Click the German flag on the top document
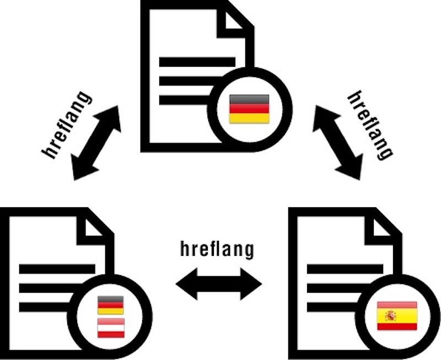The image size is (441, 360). point(249,109)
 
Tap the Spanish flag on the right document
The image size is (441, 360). point(397,316)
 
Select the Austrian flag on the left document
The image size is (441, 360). point(111,328)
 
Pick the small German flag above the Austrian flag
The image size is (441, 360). point(111,305)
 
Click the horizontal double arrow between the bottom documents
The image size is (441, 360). point(219,284)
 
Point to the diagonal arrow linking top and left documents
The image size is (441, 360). point(96,143)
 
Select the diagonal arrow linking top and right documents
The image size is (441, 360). point(337,142)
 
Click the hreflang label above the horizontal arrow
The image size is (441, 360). point(217,249)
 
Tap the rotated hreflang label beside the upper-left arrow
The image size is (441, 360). point(66,125)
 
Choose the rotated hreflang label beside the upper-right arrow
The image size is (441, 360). point(370,126)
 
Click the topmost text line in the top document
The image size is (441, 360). point(197,62)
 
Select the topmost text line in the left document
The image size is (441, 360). point(57,269)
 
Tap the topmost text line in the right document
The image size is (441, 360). point(345,269)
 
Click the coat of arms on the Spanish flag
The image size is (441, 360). point(391,316)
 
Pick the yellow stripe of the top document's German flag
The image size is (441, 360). point(249,119)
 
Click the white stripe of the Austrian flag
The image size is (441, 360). point(111,328)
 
